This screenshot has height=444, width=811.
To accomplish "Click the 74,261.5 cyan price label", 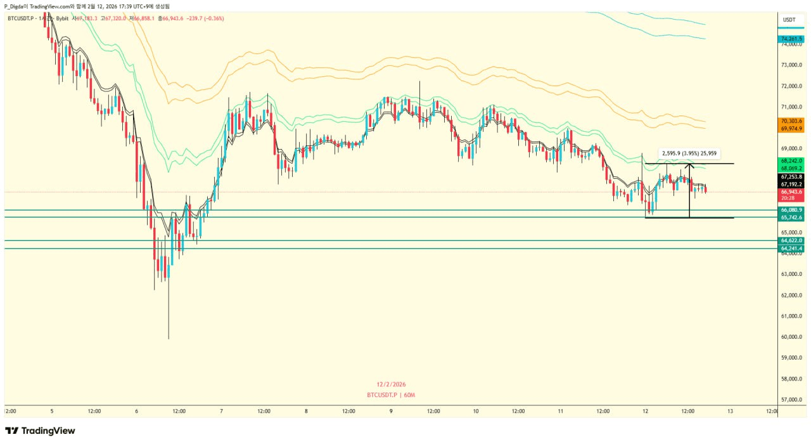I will [792, 39].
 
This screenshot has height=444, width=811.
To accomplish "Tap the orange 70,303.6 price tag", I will [792, 121].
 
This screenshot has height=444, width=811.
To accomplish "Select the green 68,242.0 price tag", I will [792, 160].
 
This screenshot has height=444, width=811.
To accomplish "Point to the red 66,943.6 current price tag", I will [792, 192].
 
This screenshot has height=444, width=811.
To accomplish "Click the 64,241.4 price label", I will [792, 249].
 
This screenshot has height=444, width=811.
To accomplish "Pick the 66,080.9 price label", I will [792, 209].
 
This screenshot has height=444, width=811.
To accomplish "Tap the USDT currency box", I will [789, 20].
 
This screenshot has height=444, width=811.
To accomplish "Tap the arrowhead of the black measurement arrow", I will [689, 167].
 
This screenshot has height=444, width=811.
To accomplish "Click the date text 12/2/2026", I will [391, 384].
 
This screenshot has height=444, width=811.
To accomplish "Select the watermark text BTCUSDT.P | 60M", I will [391, 395].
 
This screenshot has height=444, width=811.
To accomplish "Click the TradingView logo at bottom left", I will [41, 431].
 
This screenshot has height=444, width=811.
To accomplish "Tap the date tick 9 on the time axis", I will [391, 411].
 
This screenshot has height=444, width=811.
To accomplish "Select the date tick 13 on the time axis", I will [730, 411].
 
